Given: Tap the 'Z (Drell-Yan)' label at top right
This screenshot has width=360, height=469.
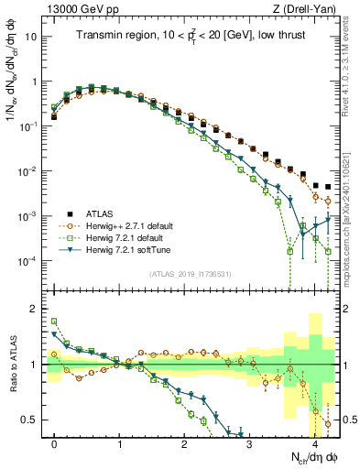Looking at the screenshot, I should (x=308, y=8).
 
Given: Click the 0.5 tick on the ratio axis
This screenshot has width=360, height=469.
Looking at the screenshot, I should (x=35, y=420).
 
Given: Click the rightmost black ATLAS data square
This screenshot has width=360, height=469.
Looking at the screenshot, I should (x=328, y=187).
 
